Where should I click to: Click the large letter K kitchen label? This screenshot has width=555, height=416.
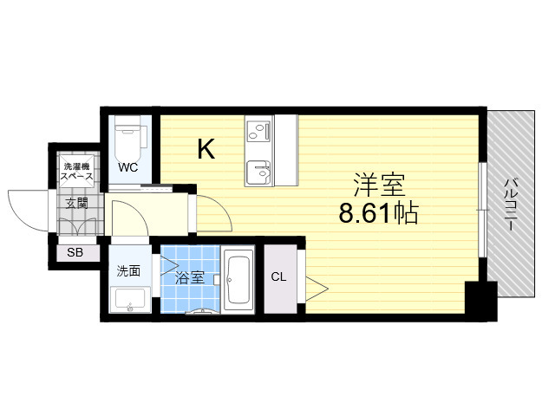(206, 149)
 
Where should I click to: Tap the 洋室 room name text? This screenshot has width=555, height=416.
(380, 185)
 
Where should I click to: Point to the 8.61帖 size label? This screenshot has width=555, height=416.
(379, 213)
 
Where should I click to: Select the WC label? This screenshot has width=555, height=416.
(127, 167)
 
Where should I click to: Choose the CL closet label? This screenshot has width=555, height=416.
(278, 277)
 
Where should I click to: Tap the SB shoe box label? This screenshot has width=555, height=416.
(75, 252)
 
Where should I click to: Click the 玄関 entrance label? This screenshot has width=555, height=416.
(77, 204)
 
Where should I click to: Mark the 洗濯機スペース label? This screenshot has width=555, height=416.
(77, 172)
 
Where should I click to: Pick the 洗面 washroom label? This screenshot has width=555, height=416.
(129, 271)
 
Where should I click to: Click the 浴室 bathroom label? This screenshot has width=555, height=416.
(190, 278)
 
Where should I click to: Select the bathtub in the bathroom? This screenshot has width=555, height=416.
(238, 279)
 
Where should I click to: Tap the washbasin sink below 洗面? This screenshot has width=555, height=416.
(131, 300)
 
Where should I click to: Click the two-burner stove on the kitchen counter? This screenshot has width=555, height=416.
(259, 131)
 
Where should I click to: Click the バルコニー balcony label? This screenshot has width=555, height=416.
(511, 205)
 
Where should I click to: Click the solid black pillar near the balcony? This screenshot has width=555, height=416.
(481, 302)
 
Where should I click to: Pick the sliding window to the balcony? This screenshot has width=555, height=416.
(483, 210)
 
